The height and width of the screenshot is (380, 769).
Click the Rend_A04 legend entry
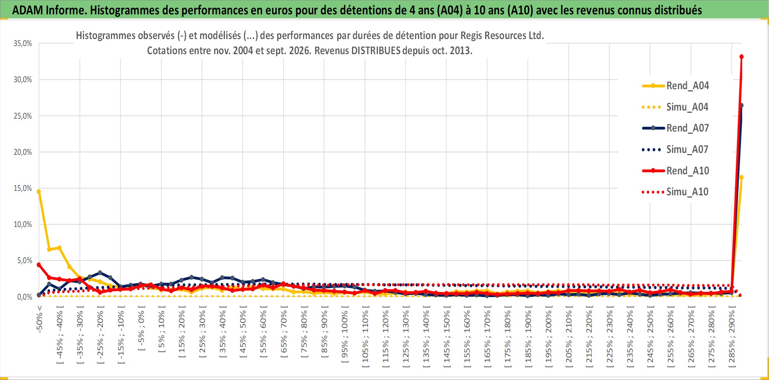point(675,86)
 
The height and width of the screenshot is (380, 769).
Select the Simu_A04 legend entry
point(675,107)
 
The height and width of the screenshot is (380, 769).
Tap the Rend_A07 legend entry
point(675,128)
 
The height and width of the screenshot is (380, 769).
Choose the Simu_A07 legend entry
point(675,150)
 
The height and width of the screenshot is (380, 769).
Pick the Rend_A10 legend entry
point(675,171)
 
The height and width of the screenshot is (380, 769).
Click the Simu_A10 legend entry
point(675,192)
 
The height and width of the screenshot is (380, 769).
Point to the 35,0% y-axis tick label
point(23,43)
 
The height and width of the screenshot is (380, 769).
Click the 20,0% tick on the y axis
point(23,152)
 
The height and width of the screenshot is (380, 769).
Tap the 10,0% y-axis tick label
point(23,224)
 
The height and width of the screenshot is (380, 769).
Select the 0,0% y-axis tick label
point(25,297)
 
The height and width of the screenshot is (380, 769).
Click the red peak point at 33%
point(741,57)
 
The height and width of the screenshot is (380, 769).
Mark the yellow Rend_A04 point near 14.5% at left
point(39,192)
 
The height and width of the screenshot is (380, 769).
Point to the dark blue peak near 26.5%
point(741,105)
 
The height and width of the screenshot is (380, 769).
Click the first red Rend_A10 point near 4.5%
point(39,265)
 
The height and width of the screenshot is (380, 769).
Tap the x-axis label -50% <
point(39,319)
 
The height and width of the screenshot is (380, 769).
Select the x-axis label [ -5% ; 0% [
point(141,328)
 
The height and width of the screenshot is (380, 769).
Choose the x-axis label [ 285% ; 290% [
point(732,337)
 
